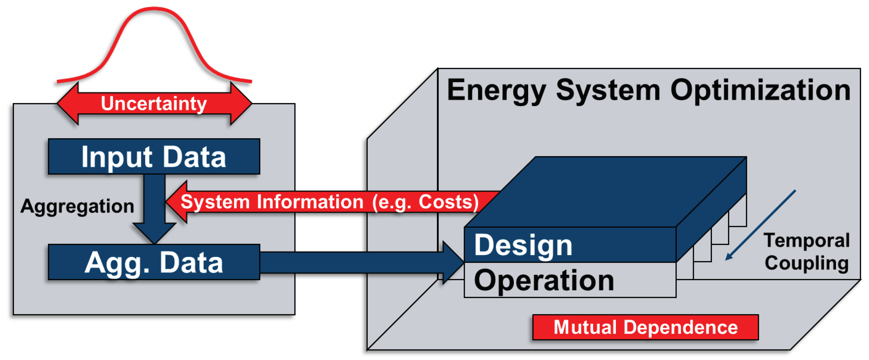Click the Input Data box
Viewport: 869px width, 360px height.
point(154,156)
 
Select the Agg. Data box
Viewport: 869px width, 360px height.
point(154,262)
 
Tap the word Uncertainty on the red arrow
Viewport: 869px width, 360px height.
point(154,103)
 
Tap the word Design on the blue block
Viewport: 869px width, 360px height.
point(523,245)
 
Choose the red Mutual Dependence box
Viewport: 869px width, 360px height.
point(645,327)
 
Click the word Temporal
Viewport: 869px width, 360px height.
point(806,240)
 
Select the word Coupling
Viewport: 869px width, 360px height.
point(806,263)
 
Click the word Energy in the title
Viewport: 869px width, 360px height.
point(496,90)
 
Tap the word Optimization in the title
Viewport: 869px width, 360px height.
point(760,90)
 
